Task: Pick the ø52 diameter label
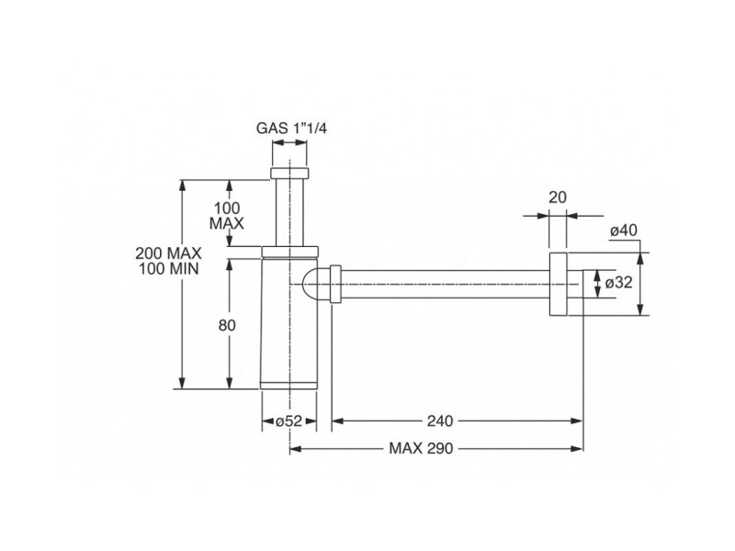coord(289,421)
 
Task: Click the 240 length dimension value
coord(440,421)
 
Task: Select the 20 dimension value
coord(558,196)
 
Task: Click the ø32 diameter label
coord(619,283)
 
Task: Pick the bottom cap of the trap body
coord(289,383)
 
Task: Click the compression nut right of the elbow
coord(336,284)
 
